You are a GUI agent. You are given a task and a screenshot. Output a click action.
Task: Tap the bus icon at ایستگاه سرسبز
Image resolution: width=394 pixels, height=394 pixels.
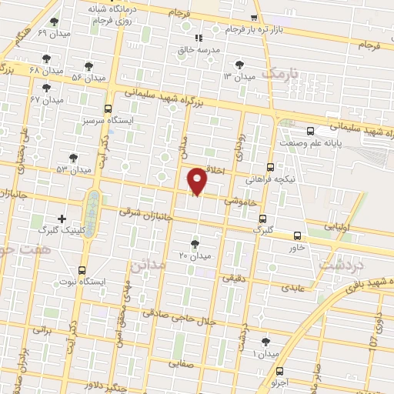[x=107, y=109]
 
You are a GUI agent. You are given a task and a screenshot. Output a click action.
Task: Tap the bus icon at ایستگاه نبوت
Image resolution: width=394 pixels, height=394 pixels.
[x=82, y=269]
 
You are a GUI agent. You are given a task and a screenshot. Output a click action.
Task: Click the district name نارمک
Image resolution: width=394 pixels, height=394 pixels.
[x=279, y=74]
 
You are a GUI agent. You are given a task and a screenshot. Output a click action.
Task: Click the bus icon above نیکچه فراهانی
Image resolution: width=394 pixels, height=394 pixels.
[x=270, y=166]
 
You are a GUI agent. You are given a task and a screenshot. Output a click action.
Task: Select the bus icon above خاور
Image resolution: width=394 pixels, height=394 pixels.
[x=298, y=236]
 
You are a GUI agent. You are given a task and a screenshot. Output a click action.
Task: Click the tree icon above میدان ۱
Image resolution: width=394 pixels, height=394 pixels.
[x=265, y=341]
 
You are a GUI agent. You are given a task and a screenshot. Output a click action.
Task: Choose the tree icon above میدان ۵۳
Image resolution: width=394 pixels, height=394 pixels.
[x=73, y=157]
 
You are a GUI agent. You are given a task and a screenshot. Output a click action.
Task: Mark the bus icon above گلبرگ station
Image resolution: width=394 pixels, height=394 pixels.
[x=263, y=218]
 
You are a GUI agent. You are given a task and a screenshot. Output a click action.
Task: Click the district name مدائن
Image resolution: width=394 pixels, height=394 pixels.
[x=149, y=265]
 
